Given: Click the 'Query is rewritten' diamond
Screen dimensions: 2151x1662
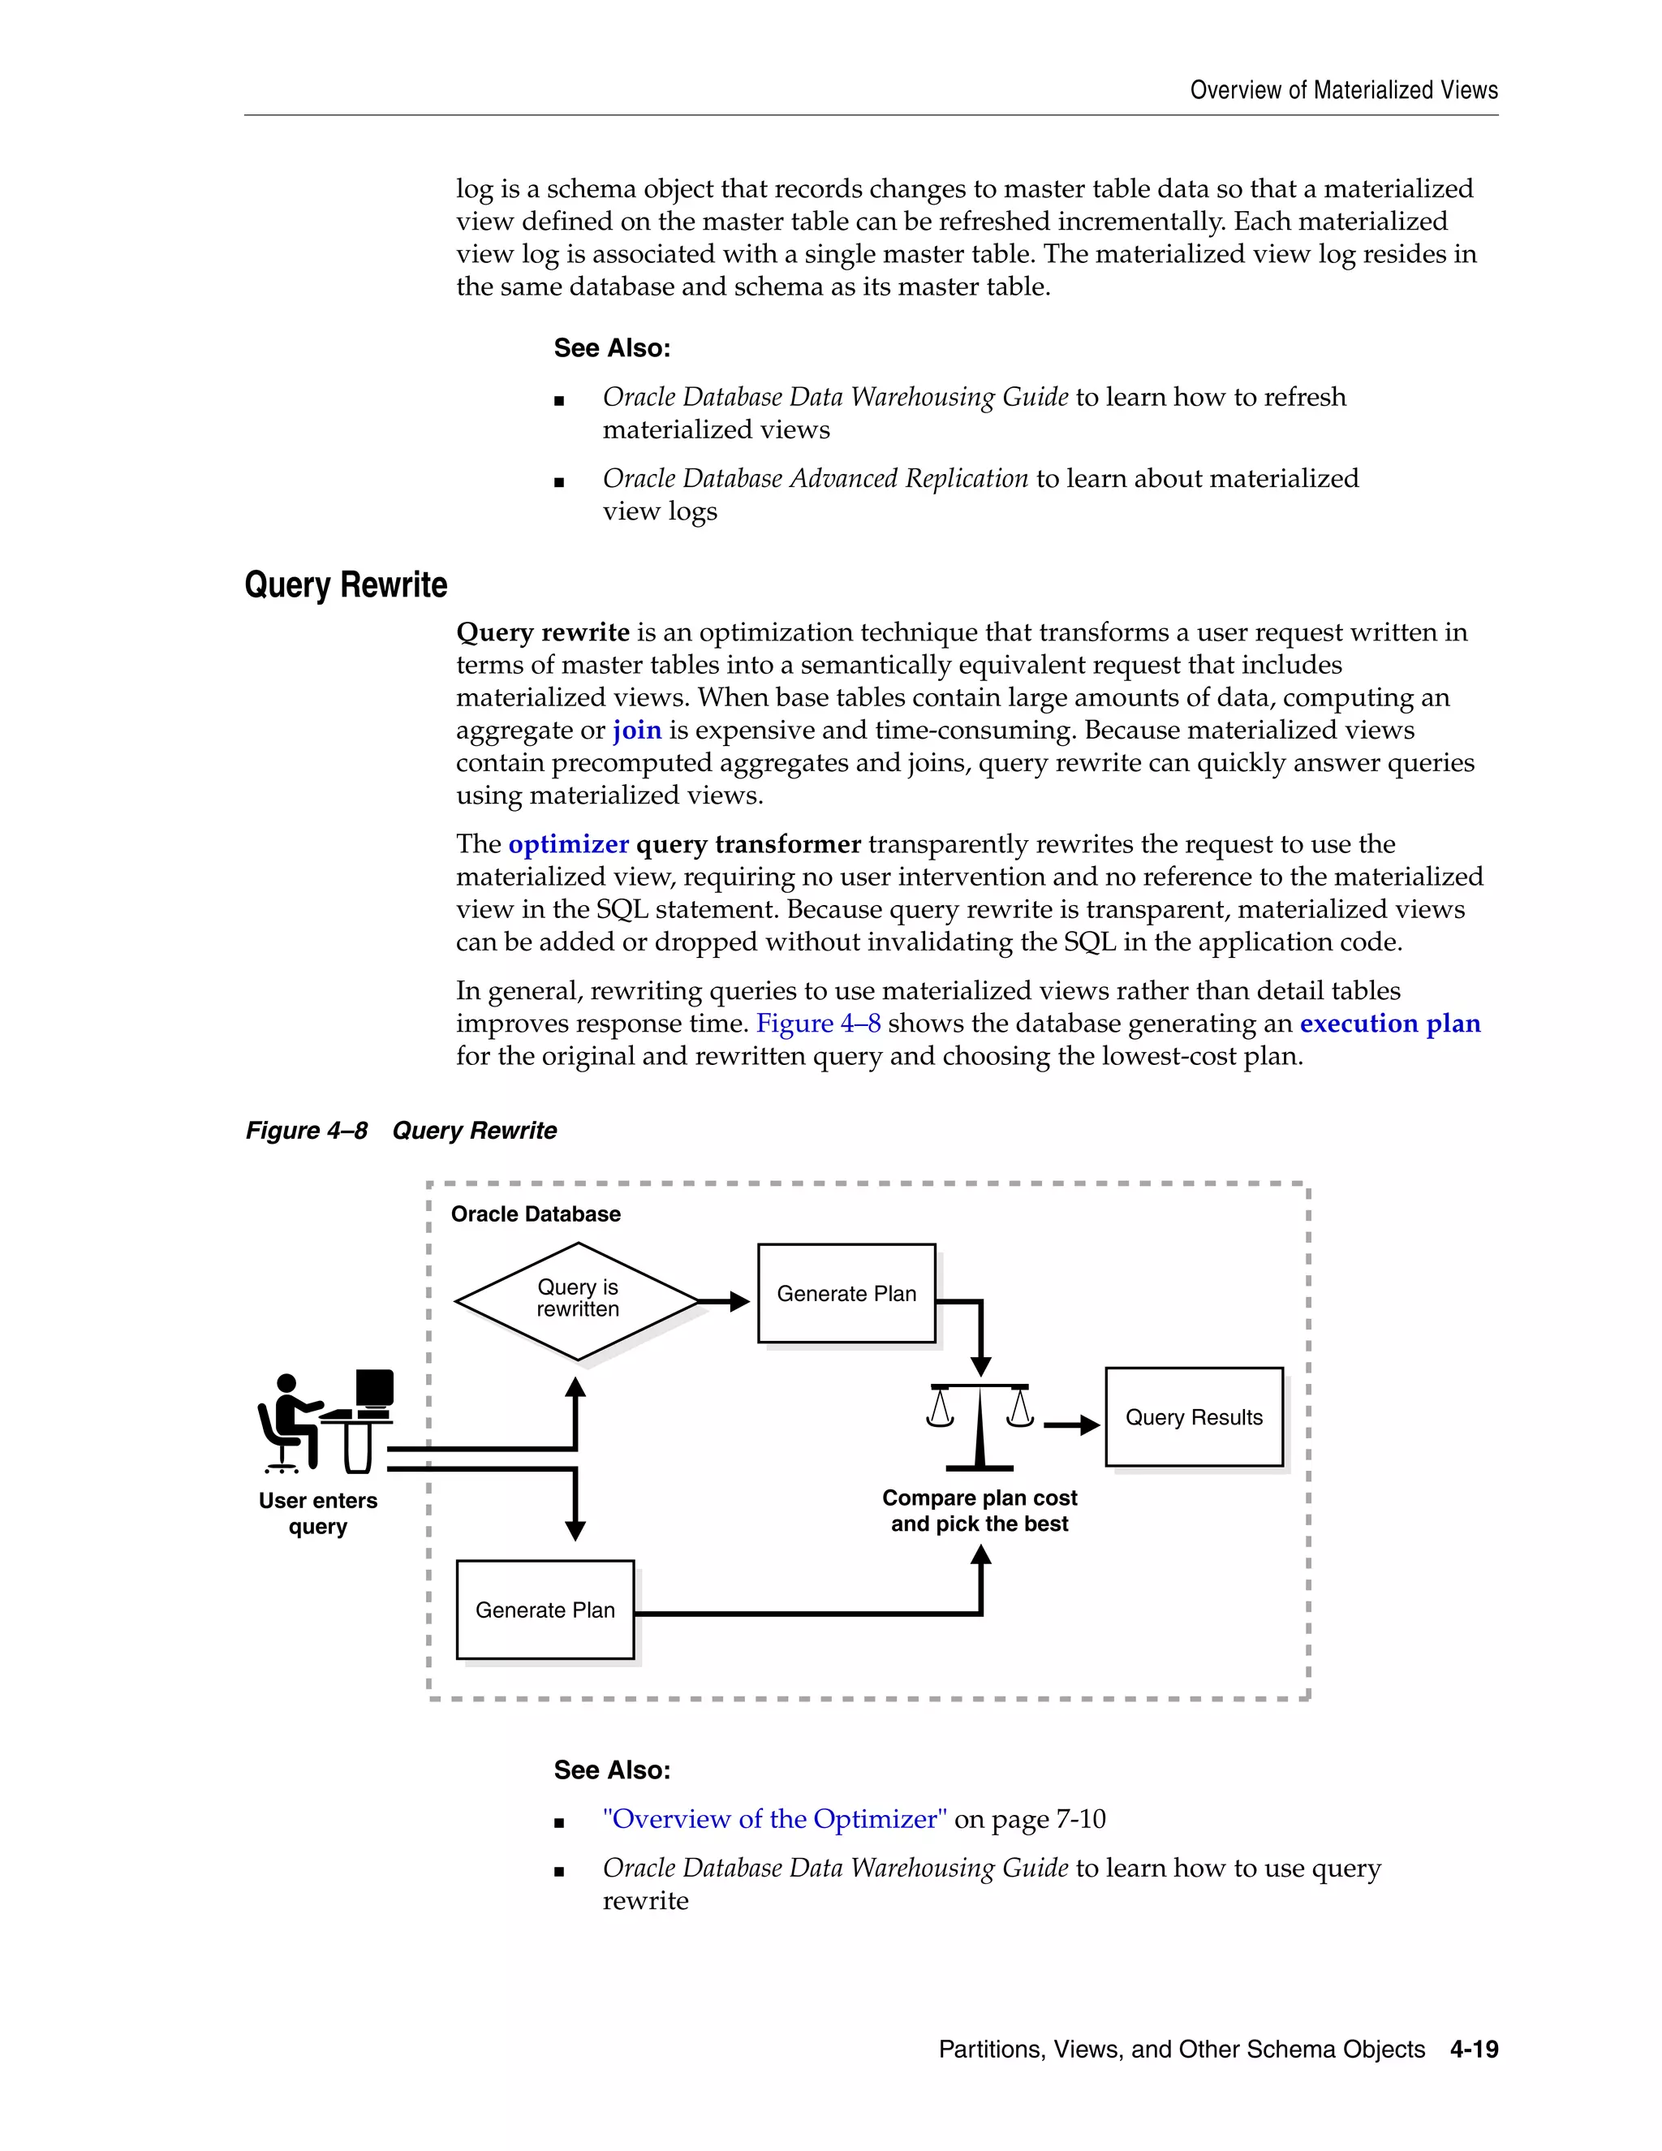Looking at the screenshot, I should click(578, 1300).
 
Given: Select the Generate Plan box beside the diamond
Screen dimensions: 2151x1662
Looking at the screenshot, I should click(846, 1293).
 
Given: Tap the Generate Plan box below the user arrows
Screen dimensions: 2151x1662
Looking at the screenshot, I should click(545, 1610).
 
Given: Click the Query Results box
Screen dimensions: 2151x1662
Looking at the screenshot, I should click(1193, 1416).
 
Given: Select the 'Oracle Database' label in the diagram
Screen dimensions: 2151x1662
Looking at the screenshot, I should click(536, 1213).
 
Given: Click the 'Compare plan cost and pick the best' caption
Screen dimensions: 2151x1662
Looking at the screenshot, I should click(980, 1511).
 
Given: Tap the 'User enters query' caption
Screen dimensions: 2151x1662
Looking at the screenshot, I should click(318, 1514).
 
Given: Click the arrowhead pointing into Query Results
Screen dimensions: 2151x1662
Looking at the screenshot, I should click(1088, 1425).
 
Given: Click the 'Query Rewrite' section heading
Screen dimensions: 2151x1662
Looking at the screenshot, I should click(346, 585).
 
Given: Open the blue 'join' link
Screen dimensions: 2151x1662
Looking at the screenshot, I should click(637, 730).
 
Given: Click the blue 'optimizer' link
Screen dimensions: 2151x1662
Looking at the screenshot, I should click(568, 844).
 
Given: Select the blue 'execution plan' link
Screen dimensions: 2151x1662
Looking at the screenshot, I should click(1389, 1024).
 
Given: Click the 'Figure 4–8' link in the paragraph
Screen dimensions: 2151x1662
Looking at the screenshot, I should click(818, 1024).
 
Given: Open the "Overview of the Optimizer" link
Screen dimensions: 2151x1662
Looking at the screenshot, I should click(775, 1819).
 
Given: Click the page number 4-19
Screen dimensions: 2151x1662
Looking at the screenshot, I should click(1474, 2050).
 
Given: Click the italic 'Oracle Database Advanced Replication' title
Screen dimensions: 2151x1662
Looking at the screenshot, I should click(816, 479).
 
